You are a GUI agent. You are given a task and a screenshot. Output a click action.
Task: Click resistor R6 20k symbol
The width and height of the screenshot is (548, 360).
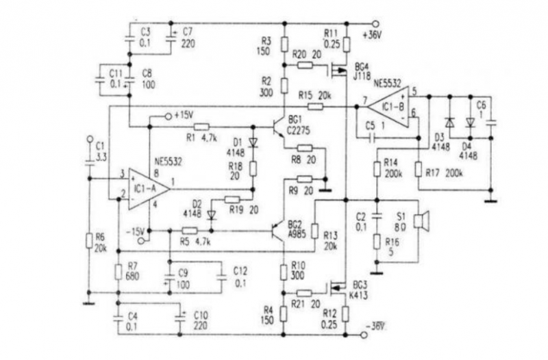(x=88, y=240)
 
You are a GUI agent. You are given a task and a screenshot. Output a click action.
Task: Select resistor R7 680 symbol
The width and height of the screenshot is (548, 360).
(x=119, y=272)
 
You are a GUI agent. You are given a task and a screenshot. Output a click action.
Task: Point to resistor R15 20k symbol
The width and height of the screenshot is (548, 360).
(x=314, y=106)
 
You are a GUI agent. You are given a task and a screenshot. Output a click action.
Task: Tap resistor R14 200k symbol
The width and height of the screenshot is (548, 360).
(x=376, y=168)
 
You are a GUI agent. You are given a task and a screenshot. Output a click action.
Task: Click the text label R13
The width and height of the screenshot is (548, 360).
(x=331, y=235)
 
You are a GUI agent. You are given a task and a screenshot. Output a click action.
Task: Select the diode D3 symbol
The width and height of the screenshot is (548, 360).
(x=449, y=123)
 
